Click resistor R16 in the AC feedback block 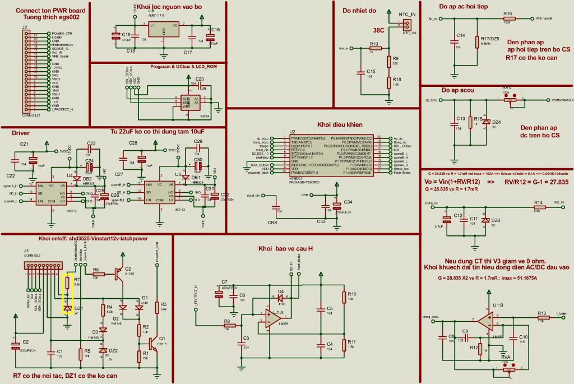click(508, 18)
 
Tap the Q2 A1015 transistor click(119, 273)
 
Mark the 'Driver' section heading click(20, 133)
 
